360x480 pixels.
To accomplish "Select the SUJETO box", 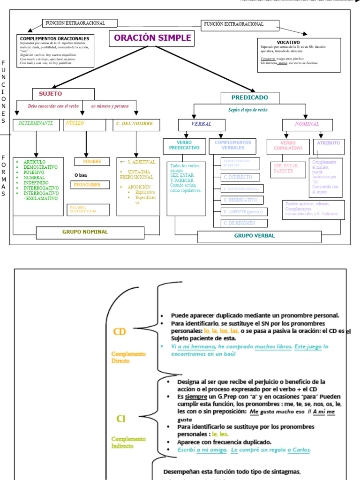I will click(63, 94).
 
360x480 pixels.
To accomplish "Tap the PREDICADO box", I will click(250, 97).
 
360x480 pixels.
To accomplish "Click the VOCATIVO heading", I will click(288, 42).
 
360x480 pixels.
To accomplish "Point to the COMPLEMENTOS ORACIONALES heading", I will click(55, 38).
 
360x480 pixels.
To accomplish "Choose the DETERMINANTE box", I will click(36, 124).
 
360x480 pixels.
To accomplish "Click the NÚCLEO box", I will click(84, 124).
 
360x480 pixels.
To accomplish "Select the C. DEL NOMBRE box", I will click(136, 124).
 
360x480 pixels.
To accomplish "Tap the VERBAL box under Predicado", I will click(201, 124).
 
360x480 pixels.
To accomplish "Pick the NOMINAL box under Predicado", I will click(307, 124).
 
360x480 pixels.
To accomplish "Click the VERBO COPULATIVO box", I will click(288, 146).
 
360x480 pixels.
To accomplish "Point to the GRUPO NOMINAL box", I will click(90, 232).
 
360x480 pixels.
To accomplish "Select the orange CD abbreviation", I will click(120, 332).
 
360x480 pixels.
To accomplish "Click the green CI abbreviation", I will click(121, 419).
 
